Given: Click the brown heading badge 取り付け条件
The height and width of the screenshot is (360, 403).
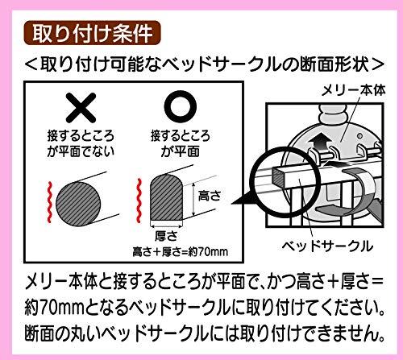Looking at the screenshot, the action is (x=92, y=33).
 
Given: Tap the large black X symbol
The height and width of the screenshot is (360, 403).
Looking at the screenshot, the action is (x=81, y=108).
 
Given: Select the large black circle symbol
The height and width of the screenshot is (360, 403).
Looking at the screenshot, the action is (x=181, y=106).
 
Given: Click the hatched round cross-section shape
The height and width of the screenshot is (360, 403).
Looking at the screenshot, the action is (x=78, y=204).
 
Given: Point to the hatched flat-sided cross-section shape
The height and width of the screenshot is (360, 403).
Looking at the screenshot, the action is (x=167, y=198).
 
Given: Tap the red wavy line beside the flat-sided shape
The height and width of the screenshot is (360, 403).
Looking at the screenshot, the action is (x=139, y=201).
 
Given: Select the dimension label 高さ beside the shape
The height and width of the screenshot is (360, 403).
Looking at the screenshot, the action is (x=210, y=196).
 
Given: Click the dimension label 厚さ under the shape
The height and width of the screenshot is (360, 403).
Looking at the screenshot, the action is (x=166, y=236).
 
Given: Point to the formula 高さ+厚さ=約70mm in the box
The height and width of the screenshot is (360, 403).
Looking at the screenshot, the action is (x=181, y=252).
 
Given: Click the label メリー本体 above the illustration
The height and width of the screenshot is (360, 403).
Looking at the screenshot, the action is (x=354, y=90).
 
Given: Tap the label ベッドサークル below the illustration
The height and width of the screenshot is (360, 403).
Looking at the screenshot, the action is (x=327, y=246).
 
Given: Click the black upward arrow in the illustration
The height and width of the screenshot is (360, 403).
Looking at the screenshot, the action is (x=319, y=142).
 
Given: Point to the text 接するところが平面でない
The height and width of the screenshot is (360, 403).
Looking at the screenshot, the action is (x=81, y=143).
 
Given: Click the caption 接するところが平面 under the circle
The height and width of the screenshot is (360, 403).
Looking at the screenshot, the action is (x=181, y=143).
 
